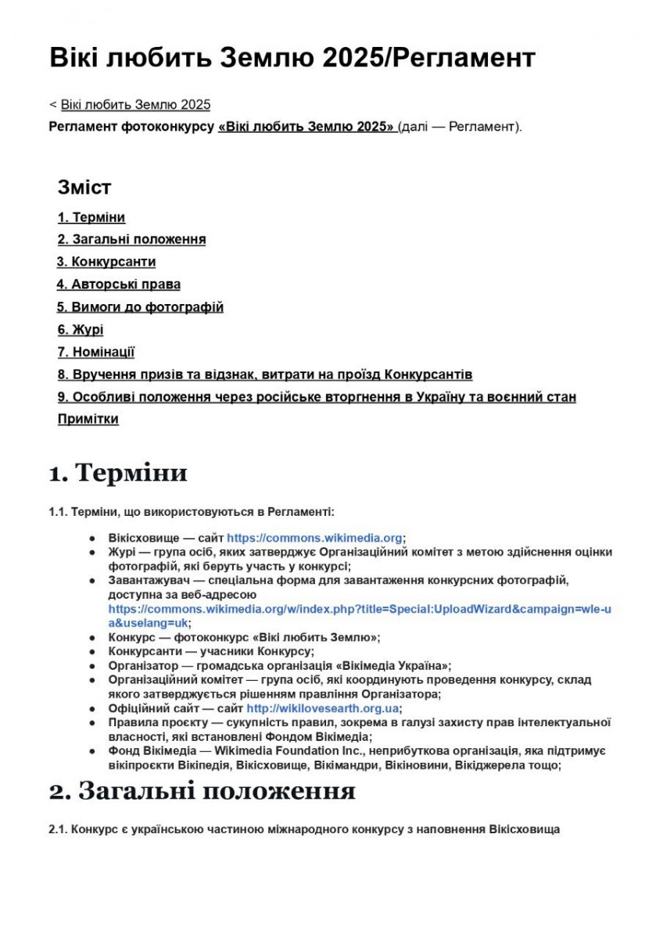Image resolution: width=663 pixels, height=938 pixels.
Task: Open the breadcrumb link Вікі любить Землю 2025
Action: point(135,105)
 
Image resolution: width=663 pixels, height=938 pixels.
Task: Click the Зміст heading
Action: point(84,188)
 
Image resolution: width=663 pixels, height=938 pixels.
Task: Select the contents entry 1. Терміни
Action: point(91,218)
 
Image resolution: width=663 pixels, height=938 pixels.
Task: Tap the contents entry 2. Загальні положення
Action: point(132,240)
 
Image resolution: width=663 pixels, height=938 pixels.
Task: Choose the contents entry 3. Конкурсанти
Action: point(106,262)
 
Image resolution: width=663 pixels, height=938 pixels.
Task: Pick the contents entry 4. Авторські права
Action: point(119,285)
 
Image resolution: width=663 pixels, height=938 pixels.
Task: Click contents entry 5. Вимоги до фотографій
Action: point(141,307)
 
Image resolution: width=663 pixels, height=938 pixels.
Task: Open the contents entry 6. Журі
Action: point(81,330)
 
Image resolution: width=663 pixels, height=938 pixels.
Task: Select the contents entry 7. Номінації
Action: point(96,353)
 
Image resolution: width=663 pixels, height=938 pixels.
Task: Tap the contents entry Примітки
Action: point(88,420)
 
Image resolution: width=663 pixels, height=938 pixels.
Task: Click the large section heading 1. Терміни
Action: point(118,474)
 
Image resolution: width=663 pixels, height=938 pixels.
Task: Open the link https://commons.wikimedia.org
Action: point(314,538)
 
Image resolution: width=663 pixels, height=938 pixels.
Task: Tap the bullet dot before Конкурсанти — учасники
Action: point(92,652)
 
